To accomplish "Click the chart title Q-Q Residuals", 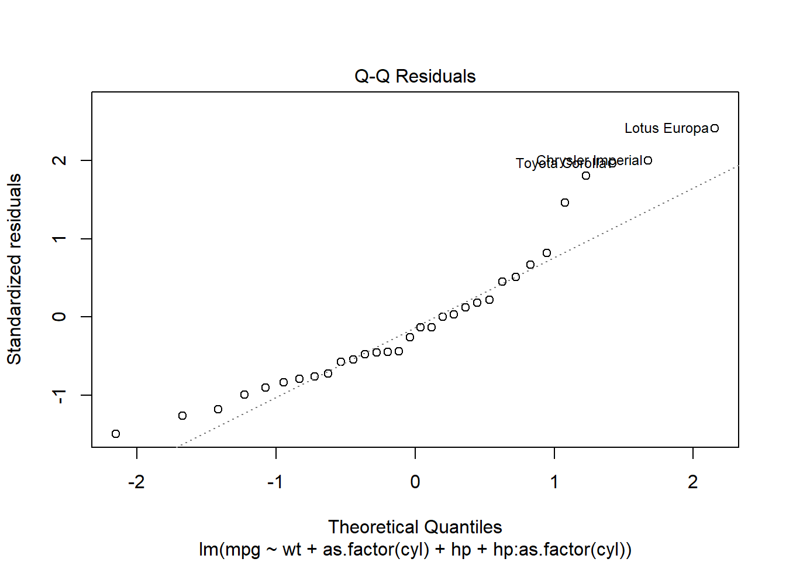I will click(415, 76).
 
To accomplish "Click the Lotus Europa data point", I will click(715, 128).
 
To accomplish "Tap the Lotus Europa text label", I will click(666, 128).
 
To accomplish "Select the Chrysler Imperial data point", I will click(648, 160).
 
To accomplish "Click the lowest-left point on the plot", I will click(116, 434).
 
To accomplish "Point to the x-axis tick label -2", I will click(136, 482).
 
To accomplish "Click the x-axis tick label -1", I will click(275, 482).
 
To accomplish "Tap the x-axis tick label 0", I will click(415, 482).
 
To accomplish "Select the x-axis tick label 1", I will click(554, 482).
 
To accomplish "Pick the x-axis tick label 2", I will click(693, 482).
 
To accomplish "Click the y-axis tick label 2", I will click(60, 160).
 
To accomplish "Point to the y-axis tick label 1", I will click(60, 239).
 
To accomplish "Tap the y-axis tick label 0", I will click(60, 317).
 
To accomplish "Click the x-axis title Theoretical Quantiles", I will click(415, 527).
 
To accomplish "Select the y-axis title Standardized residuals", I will click(15, 269).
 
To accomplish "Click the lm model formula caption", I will click(415, 550).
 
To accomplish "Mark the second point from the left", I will click(182, 416).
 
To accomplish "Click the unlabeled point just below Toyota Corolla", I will click(586, 176).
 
